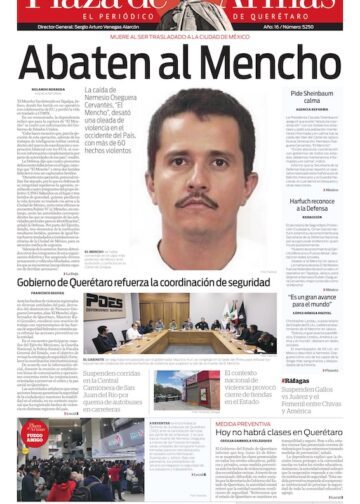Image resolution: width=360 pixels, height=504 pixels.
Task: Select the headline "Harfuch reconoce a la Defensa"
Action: pyautogui.click(x=319, y=203)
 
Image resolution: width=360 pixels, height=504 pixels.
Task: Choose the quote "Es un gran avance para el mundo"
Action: pyautogui.click(x=319, y=300)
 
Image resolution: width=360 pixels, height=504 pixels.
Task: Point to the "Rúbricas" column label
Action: pyautogui.click(x=297, y=381)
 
